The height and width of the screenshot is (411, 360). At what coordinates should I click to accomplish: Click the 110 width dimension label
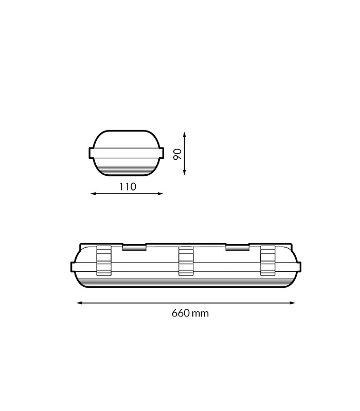(x=128, y=187)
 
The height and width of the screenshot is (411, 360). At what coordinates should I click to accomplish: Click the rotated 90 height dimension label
(x=177, y=154)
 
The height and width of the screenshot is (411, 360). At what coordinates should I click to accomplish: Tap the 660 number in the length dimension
(x=181, y=313)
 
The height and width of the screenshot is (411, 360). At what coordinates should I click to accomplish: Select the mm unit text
(x=200, y=314)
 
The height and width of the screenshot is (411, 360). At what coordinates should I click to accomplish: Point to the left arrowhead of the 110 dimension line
(x=93, y=194)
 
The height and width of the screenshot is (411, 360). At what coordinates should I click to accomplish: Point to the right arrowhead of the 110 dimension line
(x=160, y=194)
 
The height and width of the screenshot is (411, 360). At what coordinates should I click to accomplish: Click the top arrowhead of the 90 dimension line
(x=185, y=134)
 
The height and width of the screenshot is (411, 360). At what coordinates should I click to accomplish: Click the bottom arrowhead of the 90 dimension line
(x=185, y=173)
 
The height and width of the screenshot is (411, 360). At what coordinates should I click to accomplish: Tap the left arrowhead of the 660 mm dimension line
(x=79, y=303)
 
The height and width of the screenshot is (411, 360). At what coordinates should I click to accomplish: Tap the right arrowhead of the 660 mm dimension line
(x=292, y=303)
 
